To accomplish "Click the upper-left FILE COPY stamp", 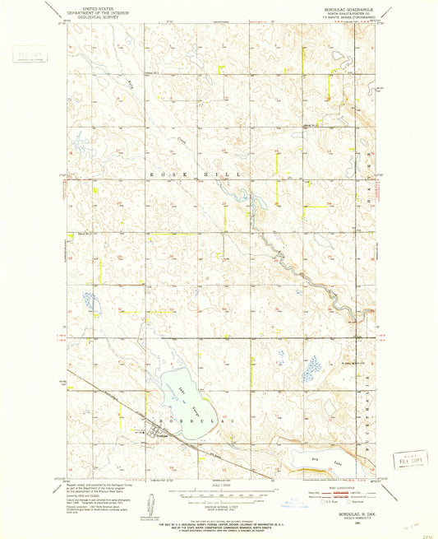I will coord(25,57).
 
